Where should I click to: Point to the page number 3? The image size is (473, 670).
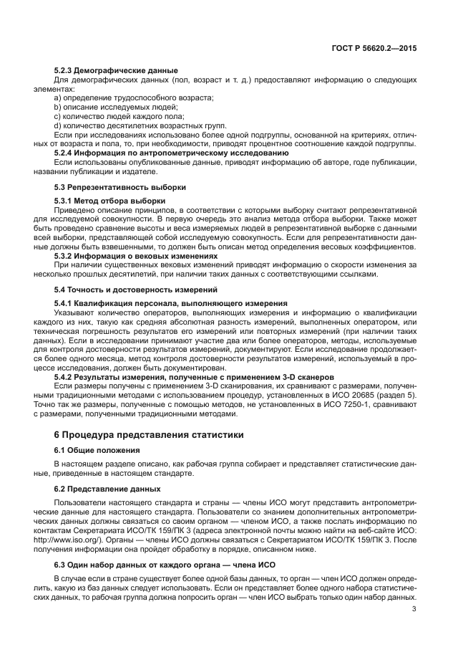coord(414,609)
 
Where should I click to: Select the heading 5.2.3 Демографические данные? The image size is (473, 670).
coord(116,71)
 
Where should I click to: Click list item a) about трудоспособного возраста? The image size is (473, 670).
coord(135,97)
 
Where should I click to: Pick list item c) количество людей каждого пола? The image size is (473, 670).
coord(119,116)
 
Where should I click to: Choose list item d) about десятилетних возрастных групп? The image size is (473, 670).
coord(135,125)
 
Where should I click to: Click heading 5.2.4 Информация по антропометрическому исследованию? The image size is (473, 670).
coord(172,153)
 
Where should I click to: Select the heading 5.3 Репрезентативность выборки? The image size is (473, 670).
coord(120,187)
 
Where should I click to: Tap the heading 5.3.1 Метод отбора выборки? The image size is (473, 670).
coord(109,201)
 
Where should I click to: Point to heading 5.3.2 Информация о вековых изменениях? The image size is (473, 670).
coord(135,255)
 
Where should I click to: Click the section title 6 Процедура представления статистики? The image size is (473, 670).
coord(149,434)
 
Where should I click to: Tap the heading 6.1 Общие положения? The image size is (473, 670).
coord(97,449)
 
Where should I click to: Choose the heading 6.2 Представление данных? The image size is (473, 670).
coord(107,489)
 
